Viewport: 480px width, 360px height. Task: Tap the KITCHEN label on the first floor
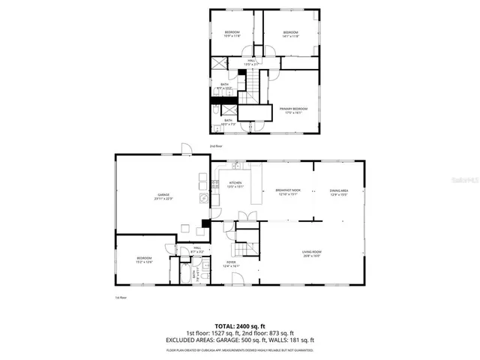click(x=235, y=183)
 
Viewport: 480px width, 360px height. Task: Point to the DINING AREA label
click(x=340, y=190)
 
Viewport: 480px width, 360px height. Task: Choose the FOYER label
click(x=230, y=263)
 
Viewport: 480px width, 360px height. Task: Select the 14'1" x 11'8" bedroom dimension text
click(x=291, y=37)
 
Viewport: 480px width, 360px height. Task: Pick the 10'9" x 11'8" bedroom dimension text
click(x=232, y=37)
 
